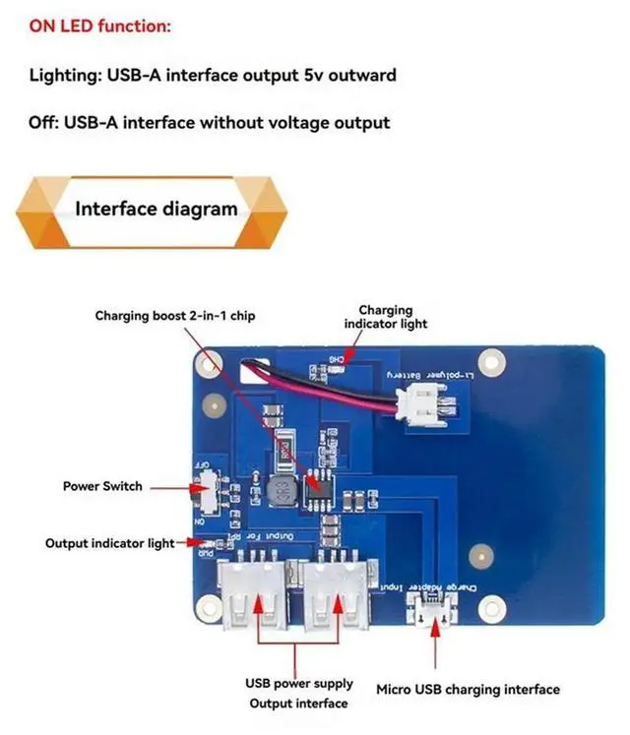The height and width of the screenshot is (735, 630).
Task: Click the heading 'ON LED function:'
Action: [x=99, y=27]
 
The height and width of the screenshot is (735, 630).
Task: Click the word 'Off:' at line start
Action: [x=46, y=123]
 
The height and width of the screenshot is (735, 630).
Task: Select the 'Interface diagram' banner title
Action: [x=157, y=209]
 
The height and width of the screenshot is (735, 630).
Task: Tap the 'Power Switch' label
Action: [x=102, y=486]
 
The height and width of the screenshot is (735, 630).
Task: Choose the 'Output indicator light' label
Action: [x=109, y=543]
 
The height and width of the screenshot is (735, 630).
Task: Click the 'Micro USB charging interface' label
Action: [x=468, y=689]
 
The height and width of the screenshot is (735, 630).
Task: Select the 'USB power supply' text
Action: [x=298, y=684]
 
